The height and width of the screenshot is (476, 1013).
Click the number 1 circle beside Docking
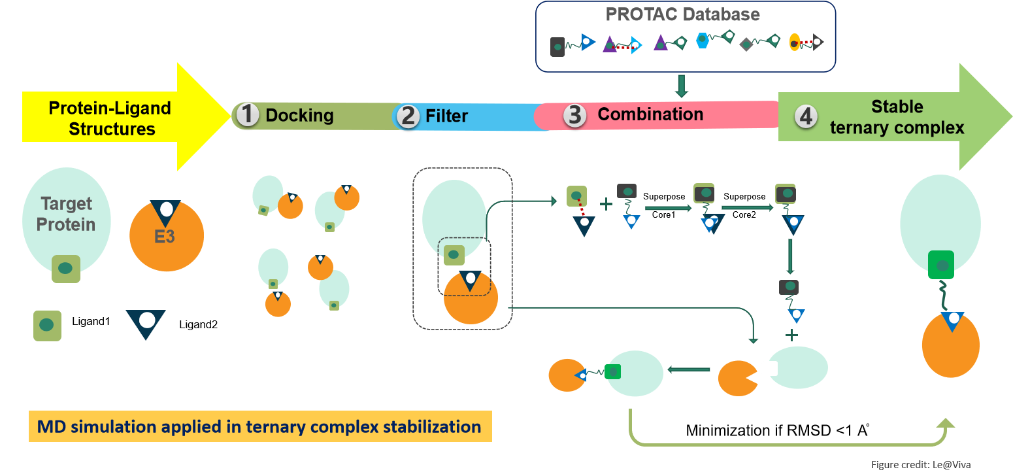[x=248, y=115]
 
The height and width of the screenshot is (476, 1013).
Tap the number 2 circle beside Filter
[x=408, y=116]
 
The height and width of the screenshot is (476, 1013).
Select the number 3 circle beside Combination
[x=574, y=114]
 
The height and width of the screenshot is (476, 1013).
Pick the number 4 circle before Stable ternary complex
[x=806, y=116]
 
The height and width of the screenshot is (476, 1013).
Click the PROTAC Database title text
[x=683, y=14]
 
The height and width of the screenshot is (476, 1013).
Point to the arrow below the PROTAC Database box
[x=682, y=86]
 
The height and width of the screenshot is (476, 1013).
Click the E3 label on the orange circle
[x=165, y=236]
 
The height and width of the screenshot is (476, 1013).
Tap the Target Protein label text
[x=66, y=214]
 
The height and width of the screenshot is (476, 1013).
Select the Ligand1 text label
[x=90, y=322]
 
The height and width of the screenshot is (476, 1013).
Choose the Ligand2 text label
[x=198, y=324]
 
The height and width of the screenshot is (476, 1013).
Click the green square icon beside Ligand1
[x=47, y=325]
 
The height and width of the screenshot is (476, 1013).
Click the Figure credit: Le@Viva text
[x=920, y=465]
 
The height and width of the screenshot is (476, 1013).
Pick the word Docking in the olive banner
[x=299, y=116]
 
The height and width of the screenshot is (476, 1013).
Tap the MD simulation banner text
[x=259, y=427]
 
